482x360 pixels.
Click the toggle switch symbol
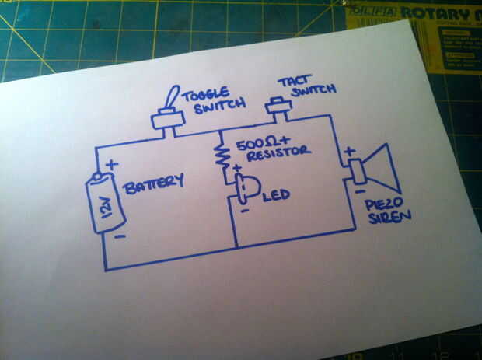click(x=167, y=112)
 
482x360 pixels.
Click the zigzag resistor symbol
click(x=223, y=156)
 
